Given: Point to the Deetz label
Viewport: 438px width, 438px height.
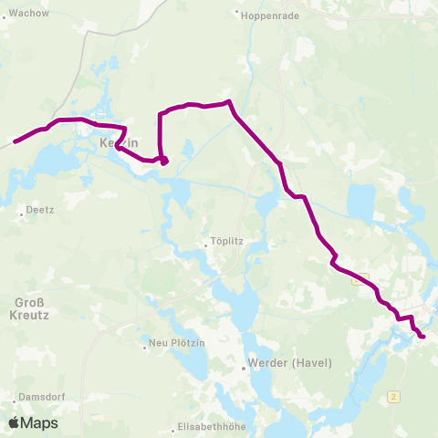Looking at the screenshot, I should (41, 209).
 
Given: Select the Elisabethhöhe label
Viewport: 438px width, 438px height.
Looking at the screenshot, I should (211, 428).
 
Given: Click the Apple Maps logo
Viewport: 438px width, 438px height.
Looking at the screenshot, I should (33, 422).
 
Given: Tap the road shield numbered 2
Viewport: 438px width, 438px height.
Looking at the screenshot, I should (393, 396).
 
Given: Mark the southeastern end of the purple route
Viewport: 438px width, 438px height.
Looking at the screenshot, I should (423, 338).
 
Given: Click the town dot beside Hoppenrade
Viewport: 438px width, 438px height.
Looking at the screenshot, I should (236, 13).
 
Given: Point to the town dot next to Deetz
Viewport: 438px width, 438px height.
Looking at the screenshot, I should (22, 215).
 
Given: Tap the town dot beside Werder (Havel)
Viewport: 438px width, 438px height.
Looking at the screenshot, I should (244, 370).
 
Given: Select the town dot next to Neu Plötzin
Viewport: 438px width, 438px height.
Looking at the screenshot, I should (144, 346).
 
